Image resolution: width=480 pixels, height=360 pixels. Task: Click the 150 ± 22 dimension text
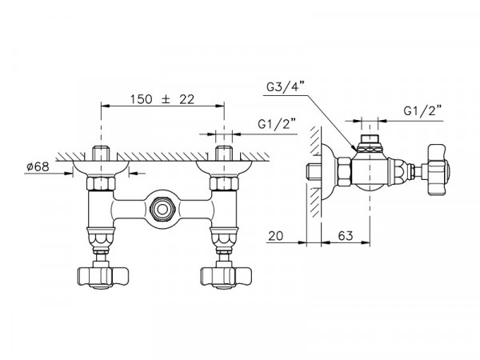pyautogui.click(x=162, y=99)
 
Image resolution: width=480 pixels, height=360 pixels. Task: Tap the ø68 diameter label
pyautogui.click(x=38, y=167)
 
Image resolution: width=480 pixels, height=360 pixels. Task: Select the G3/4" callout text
pyautogui.click(x=286, y=87)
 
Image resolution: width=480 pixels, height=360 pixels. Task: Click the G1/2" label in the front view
pyautogui.click(x=277, y=124)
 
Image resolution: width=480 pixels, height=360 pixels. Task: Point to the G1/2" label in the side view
pyautogui.click(x=423, y=110)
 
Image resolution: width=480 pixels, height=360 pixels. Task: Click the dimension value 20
pyautogui.click(x=276, y=236)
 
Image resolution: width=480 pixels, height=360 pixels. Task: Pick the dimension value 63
pyautogui.click(x=346, y=236)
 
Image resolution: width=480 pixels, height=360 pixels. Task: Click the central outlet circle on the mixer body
pyautogui.click(x=162, y=210)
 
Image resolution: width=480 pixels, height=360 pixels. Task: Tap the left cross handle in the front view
pyautogui.click(x=103, y=278)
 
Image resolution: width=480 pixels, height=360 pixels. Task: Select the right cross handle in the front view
pyautogui.click(x=226, y=278)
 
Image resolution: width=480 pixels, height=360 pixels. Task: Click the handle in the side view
pyautogui.click(x=438, y=170)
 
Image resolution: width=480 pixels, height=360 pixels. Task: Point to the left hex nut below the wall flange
pyautogui.click(x=101, y=184)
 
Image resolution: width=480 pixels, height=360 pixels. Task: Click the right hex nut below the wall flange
pyautogui.click(x=224, y=184)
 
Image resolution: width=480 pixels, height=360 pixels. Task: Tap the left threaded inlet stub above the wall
pyautogui.click(x=101, y=154)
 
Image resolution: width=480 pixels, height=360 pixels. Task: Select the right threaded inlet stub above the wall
pyautogui.click(x=224, y=154)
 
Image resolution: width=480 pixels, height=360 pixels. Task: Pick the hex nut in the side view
pyautogui.click(x=344, y=171)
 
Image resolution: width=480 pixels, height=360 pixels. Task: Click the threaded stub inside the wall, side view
pyautogui.click(x=314, y=171)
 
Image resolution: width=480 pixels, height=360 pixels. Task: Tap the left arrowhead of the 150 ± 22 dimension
pyautogui.click(x=106, y=106)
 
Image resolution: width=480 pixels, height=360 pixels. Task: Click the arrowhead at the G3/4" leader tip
pyautogui.click(x=354, y=148)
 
